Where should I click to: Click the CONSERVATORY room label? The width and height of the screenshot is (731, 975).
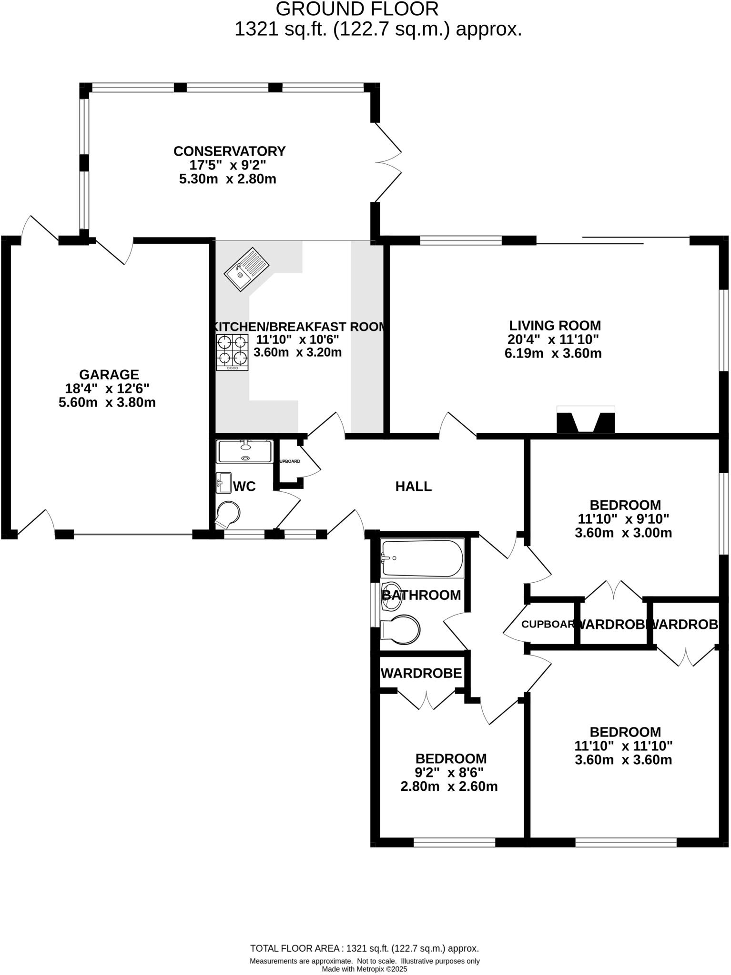[229, 151]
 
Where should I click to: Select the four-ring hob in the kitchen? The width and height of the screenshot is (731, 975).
[232, 351]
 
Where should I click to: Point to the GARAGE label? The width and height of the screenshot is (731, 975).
[109, 375]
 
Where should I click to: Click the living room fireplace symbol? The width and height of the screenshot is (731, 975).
[586, 419]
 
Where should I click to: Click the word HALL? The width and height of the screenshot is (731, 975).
[414, 487]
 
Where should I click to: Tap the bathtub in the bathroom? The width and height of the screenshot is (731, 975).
[422, 558]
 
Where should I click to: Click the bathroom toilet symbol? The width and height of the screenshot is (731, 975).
[401, 629]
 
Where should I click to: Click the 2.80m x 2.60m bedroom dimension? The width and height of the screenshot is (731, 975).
[449, 786]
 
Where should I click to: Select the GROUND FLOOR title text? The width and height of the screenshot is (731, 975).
[357, 9]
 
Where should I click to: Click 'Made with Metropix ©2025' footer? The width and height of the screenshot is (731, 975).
[365, 969]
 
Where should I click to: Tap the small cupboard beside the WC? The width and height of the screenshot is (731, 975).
[289, 461]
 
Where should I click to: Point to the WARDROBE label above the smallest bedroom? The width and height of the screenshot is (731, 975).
[421, 673]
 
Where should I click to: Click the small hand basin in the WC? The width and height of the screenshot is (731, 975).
[223, 482]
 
